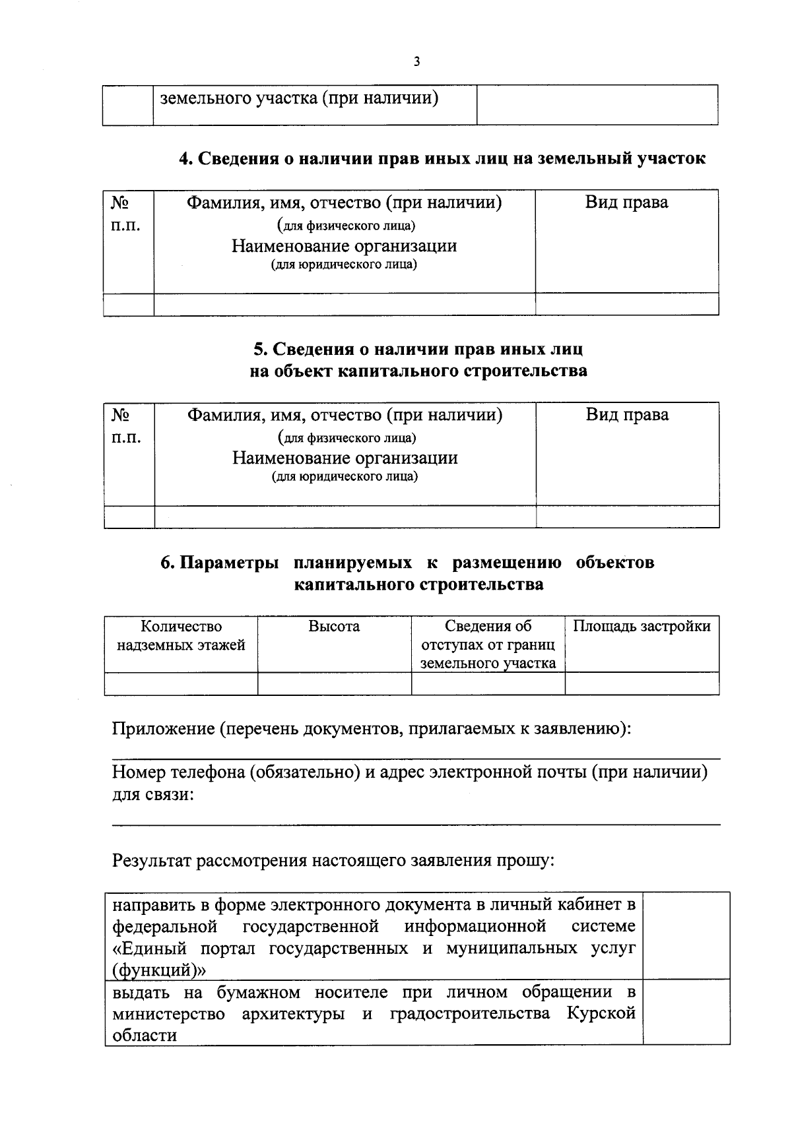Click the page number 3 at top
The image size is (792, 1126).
coord(416,62)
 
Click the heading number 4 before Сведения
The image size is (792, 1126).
coord(185,159)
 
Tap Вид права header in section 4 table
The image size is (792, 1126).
coord(626,203)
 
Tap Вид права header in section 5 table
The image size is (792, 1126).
coord(627,415)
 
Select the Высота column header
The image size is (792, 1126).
coord(334,627)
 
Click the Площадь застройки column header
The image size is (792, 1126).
coord(642,627)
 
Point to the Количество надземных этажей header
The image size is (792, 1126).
coord(181,636)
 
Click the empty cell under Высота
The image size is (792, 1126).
coord(334,684)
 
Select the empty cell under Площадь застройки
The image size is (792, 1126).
coord(642,684)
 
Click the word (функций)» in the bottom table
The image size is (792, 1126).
coord(159,970)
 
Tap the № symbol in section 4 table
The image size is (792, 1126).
coord(119,203)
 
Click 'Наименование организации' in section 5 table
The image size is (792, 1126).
coord(345,458)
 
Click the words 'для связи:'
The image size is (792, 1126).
coord(152,795)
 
